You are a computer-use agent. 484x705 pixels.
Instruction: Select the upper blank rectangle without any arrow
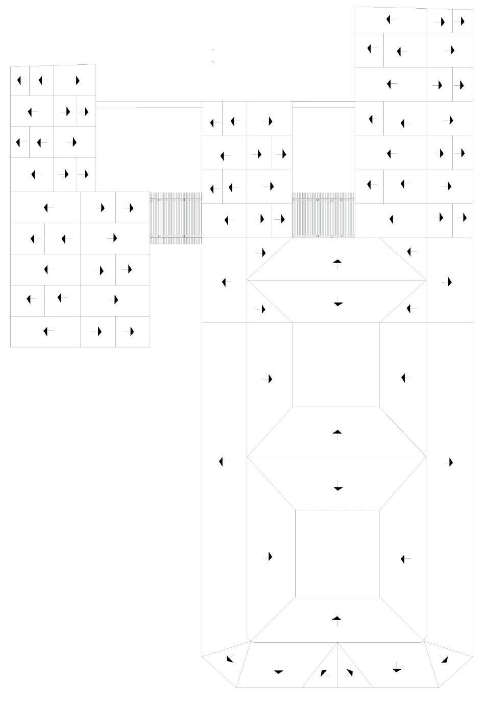tap(335, 365)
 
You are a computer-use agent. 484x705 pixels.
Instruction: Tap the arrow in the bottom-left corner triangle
tap(229, 659)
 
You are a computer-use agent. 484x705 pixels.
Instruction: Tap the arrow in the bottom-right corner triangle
tap(444, 659)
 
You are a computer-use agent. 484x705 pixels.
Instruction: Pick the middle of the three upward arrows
tap(337, 433)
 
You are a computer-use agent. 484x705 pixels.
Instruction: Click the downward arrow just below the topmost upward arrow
tap(337, 303)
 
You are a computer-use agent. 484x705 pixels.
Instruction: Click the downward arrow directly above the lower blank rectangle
tap(337, 488)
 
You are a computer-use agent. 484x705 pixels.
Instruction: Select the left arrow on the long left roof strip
tap(223, 461)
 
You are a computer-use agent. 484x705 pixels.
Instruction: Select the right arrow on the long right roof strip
tap(449, 462)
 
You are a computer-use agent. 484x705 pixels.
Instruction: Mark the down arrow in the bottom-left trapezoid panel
tap(278, 670)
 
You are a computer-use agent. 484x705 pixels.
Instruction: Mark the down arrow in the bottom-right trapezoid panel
tap(396, 668)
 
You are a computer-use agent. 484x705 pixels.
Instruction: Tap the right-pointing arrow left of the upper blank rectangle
tap(269, 379)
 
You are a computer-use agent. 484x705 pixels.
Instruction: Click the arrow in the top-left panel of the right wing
tap(391, 20)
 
